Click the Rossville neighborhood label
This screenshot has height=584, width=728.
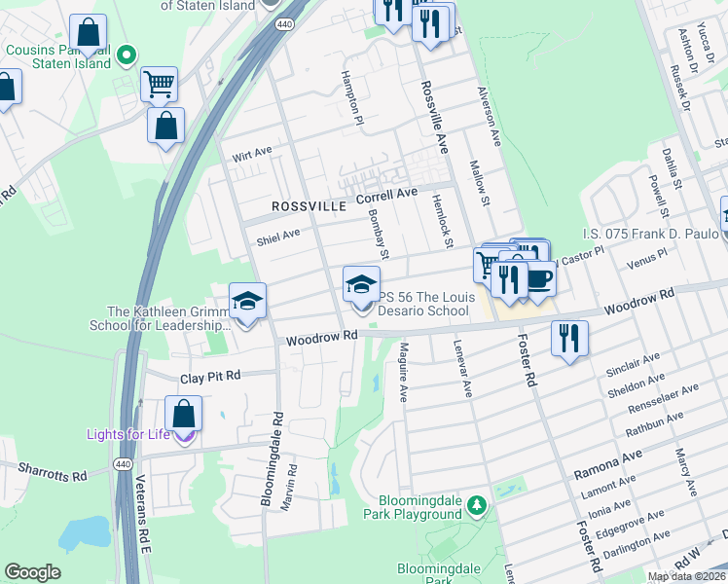[x=309, y=207]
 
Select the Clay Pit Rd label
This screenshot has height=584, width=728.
[x=215, y=377]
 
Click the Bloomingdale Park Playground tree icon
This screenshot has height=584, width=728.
[x=476, y=505]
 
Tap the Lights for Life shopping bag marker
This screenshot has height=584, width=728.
[x=184, y=413]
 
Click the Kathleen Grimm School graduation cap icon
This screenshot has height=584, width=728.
[x=247, y=300]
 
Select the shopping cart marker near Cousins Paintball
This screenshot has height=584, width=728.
[x=159, y=83]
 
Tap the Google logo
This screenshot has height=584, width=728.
[x=33, y=572]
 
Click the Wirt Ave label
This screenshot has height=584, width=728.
[x=251, y=155]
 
